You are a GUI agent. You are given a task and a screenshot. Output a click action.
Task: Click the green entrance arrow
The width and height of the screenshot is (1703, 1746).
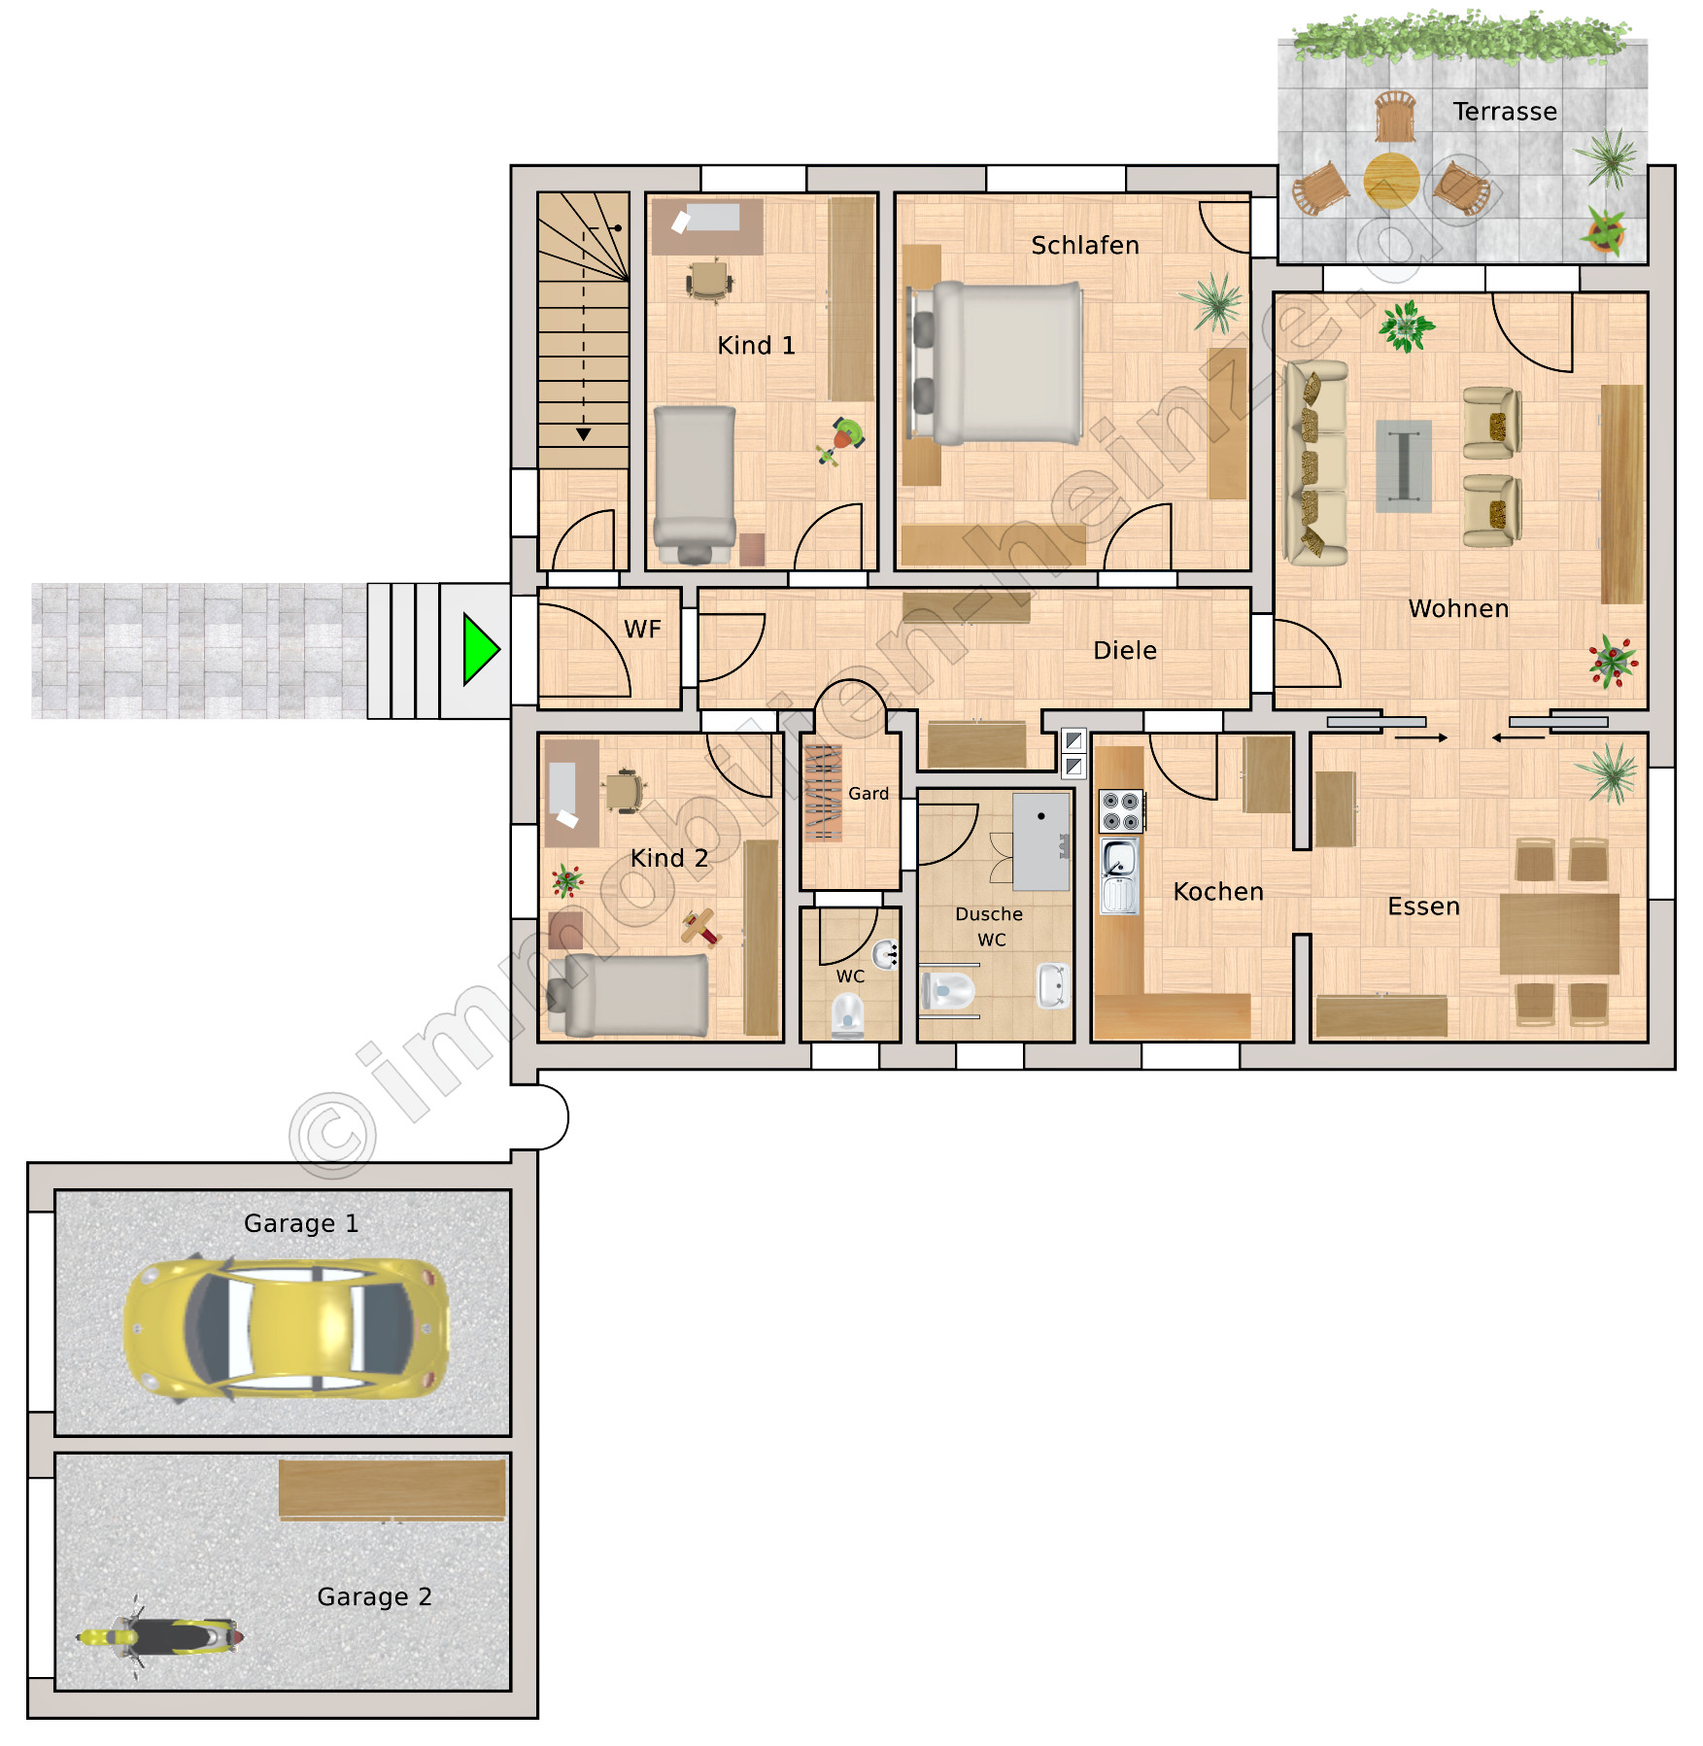(481, 649)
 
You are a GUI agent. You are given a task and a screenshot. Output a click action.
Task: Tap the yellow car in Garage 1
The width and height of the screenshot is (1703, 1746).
(287, 1328)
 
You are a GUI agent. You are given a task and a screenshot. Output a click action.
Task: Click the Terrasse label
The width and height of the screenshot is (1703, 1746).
(1505, 112)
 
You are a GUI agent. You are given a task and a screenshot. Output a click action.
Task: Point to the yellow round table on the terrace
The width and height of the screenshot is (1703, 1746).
(1391, 180)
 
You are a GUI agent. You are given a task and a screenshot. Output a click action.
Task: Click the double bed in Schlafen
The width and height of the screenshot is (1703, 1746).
(996, 363)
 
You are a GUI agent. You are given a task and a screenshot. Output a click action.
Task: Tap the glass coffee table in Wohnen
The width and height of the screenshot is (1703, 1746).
(1404, 466)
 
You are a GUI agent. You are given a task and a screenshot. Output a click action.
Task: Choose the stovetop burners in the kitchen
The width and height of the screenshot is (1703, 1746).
(1121, 811)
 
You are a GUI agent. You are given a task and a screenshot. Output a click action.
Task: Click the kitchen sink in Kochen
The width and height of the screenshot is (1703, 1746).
(1119, 877)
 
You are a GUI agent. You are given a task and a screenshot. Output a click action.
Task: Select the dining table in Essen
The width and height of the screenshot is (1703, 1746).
(1559, 934)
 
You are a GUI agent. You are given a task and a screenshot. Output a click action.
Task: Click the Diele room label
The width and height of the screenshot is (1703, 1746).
(1125, 650)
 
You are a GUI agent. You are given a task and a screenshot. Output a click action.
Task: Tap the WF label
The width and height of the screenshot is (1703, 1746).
(642, 630)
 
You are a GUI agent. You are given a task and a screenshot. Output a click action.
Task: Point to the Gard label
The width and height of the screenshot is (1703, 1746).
(869, 794)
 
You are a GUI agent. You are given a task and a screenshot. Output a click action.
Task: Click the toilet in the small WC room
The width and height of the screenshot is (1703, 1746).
(848, 1016)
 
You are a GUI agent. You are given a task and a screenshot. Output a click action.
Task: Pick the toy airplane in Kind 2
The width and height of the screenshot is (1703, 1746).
(700, 926)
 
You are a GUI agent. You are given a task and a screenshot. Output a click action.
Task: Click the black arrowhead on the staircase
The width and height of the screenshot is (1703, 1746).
(584, 434)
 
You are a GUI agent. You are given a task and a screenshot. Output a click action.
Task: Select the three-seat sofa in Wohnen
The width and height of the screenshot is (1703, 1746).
(1316, 463)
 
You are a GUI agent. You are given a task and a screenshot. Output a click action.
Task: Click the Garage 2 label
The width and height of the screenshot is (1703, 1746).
(374, 1596)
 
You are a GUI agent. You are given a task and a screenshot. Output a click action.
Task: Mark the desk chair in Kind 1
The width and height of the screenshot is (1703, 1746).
(709, 280)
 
